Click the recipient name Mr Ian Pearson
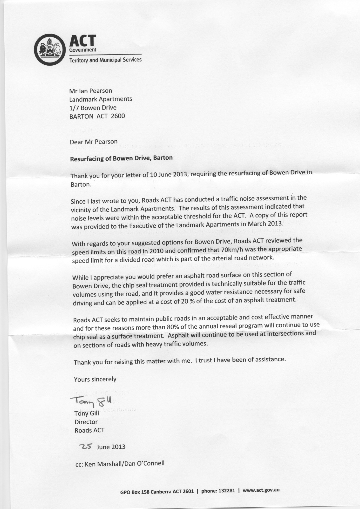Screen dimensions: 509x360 pos(91,91)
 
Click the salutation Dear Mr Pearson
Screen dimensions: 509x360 pos(94,142)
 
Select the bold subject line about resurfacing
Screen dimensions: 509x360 pos(121,158)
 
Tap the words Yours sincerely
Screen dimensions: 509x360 pos(95,379)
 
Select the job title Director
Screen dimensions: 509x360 pos(86,422)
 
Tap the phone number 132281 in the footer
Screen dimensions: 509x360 pos(224,491)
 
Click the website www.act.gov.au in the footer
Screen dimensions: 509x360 pos(261,490)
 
